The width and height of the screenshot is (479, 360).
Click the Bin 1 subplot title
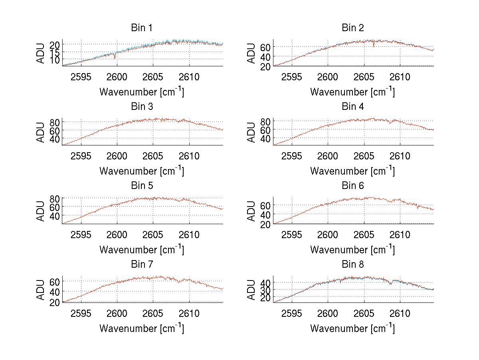click(x=142, y=28)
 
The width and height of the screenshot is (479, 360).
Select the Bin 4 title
click(x=353, y=107)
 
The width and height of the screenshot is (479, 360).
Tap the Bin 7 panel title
click(x=142, y=265)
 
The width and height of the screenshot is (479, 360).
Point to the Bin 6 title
click(x=353, y=186)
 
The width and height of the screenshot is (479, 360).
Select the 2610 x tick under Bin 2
click(x=400, y=77)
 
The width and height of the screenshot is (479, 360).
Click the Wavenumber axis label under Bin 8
click(x=352, y=328)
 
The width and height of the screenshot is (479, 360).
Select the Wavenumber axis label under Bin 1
click(x=142, y=92)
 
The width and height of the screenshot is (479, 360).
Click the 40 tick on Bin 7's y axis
click(x=55, y=291)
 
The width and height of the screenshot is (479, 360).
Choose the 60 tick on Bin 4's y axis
click(x=266, y=130)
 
